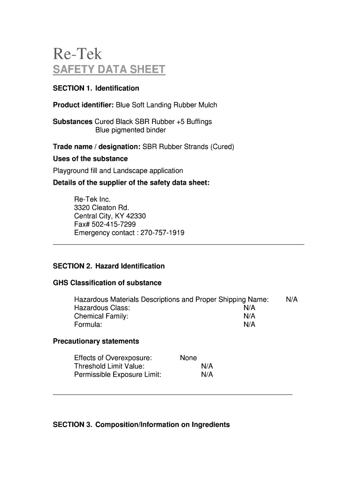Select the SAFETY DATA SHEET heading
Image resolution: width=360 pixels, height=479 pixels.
tap(109, 70)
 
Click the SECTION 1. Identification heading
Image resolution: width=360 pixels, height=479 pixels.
tap(96, 88)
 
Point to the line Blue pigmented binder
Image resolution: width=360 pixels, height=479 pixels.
tap(130, 130)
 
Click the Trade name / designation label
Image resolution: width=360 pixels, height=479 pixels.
tap(97, 147)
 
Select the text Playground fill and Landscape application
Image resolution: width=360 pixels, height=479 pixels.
tap(118, 171)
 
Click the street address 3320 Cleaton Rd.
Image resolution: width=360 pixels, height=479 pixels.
tap(101, 208)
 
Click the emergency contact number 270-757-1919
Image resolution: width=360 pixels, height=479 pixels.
tap(162, 232)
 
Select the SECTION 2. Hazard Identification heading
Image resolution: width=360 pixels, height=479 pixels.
tap(108, 266)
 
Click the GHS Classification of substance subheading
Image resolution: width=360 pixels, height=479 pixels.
tap(107, 283)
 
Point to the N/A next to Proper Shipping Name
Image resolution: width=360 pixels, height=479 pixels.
tap(292, 299)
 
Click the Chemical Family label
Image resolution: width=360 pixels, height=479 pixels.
tap(101, 316)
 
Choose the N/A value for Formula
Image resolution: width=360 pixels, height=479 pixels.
tap(249, 325)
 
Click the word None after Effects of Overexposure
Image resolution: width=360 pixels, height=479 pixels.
tap(188, 358)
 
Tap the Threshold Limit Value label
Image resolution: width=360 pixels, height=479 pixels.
tap(109, 366)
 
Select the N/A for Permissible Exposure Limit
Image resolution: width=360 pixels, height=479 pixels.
tap(207, 375)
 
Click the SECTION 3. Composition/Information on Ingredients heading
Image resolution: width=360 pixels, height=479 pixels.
tap(141, 425)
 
